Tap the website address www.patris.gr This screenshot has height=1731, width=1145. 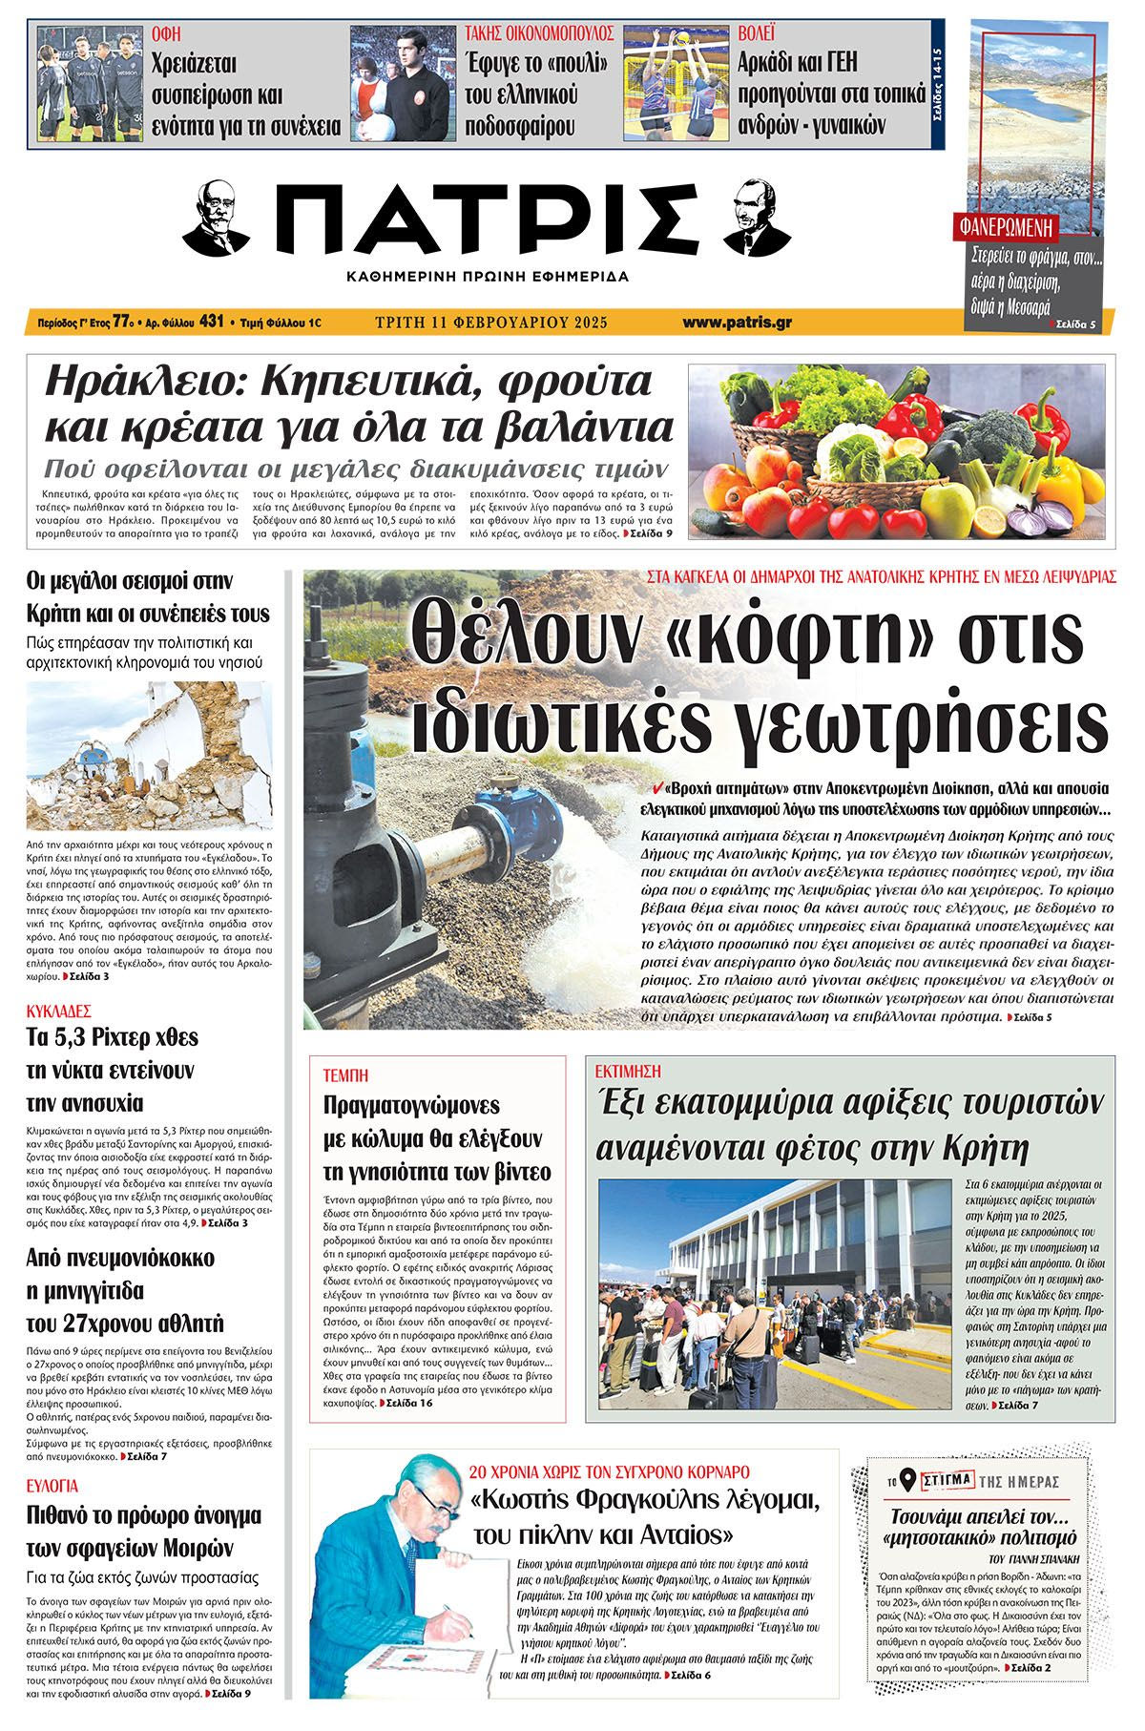coord(737,323)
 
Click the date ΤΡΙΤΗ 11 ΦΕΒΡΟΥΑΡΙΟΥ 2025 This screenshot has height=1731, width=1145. coord(491,323)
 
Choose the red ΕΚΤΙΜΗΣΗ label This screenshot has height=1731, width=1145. coord(628,1072)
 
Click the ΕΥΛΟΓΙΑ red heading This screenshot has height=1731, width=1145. coord(53,1486)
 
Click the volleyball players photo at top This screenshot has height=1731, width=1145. coord(677,83)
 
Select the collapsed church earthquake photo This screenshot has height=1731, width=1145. coord(149,755)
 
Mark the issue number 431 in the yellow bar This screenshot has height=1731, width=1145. coord(211,323)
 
